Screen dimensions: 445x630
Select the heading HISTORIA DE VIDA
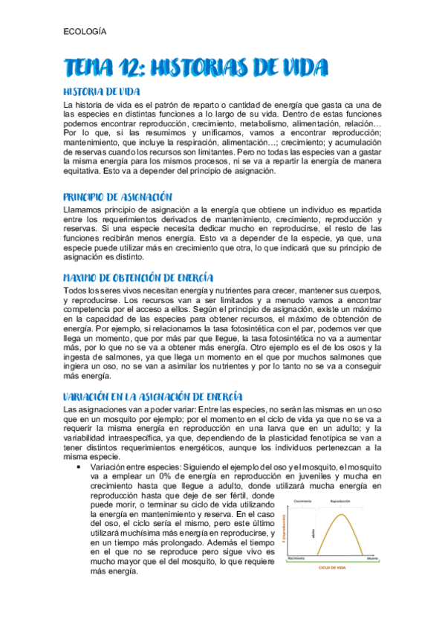[100, 91]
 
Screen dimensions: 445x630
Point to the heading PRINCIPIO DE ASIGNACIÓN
[118, 197]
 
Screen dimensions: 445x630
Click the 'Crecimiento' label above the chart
[301, 501]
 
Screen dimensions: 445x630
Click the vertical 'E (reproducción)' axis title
[285, 530]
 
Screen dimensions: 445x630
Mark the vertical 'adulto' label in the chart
[314, 533]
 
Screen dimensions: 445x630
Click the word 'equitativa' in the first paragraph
[87, 171]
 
